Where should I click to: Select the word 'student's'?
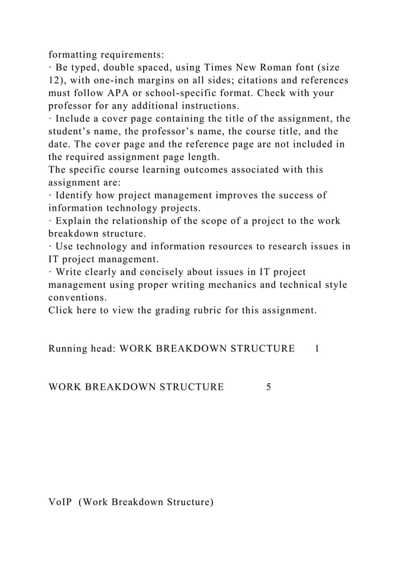click(x=71, y=132)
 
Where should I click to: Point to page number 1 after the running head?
click(x=317, y=348)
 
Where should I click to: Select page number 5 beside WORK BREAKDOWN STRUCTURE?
click(x=268, y=387)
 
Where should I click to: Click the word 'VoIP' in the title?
click(x=60, y=502)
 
